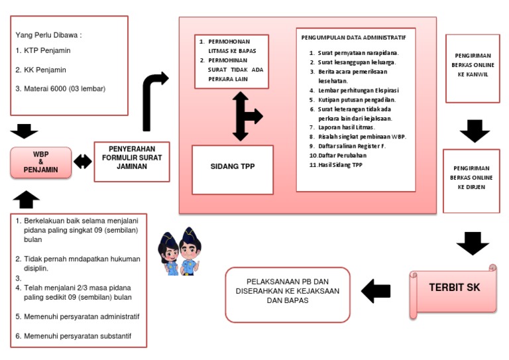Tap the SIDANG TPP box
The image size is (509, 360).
click(232, 167)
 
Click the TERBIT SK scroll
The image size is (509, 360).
click(454, 288)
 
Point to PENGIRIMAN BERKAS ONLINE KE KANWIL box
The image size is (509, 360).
click(471, 70)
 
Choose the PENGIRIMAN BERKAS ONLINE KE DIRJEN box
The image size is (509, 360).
click(471, 178)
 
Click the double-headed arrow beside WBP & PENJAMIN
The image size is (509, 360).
click(83, 162)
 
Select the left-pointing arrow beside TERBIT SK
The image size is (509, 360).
click(376, 290)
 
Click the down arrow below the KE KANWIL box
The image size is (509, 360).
click(474, 131)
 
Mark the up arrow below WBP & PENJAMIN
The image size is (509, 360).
click(26, 198)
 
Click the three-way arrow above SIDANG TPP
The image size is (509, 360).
click(245, 117)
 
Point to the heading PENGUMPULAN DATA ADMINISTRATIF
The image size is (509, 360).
click(349, 38)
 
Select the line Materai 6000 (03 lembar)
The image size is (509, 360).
click(60, 88)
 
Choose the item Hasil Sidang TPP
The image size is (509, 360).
click(337, 164)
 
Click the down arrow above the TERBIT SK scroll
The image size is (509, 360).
click(473, 243)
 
